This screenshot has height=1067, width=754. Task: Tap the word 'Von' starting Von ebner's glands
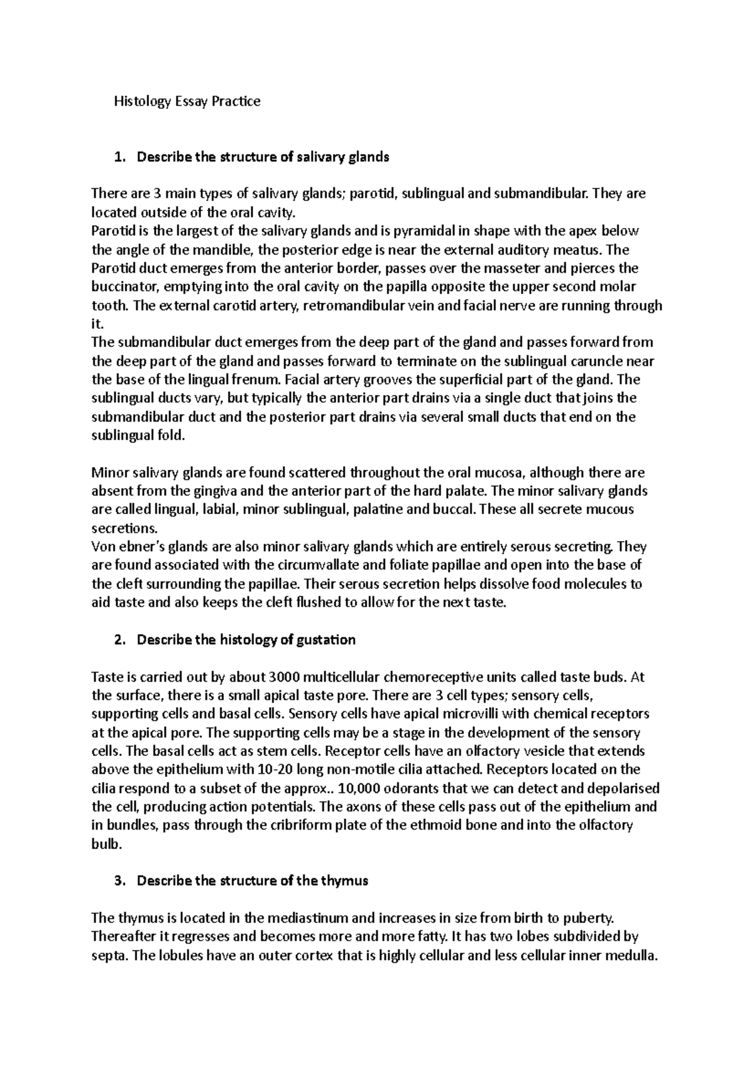102,547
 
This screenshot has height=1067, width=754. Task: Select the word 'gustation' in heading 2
326,640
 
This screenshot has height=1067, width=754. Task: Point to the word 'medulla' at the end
631,956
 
